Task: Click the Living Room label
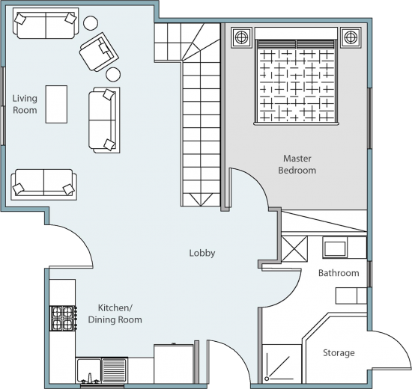pos(25,104)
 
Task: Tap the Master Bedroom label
pos(297,165)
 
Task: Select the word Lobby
pos(202,253)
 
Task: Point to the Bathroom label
pos(339,273)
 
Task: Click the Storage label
pos(339,353)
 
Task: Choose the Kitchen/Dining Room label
pos(115,313)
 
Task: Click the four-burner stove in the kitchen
pos(63,318)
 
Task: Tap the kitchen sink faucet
pos(90,378)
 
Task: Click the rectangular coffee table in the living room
pos(56,104)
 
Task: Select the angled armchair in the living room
pos(99,52)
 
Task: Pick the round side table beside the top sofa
pos(91,23)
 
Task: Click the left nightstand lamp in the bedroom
pos(241,37)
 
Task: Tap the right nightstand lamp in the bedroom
pos(351,37)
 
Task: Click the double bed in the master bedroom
pos(296,76)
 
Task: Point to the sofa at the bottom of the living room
pos(44,185)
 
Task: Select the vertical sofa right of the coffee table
pos(104,120)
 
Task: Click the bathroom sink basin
pos(335,248)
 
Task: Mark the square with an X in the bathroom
pos(294,249)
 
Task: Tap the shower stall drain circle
pos(267,379)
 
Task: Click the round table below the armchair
pos(113,75)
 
